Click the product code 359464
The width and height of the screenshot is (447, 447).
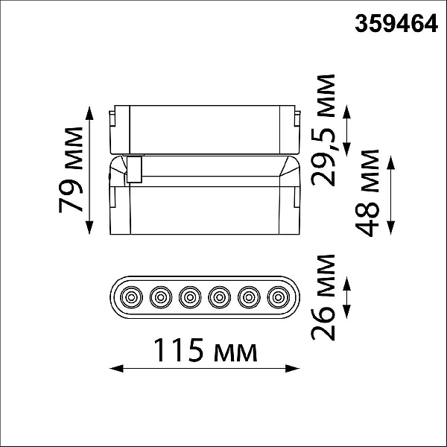pos(396,24)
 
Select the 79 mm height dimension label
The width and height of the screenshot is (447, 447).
pos(71,170)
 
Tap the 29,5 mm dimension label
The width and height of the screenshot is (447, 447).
pos(323,130)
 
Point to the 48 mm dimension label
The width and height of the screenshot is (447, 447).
pos(367,193)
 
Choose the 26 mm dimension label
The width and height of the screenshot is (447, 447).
pos(323,297)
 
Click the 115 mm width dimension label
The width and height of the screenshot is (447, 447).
pos(206,350)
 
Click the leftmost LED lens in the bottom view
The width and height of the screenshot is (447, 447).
pos(131,297)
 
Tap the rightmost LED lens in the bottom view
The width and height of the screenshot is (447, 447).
pos(279,297)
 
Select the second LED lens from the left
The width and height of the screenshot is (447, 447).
pos(161,297)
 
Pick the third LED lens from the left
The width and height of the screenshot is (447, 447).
pos(190,297)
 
